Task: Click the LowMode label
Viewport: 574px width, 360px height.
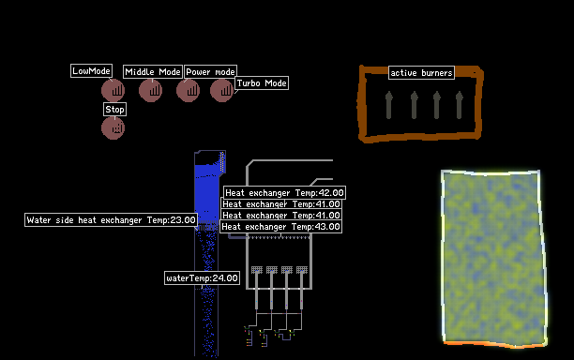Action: click(x=91, y=71)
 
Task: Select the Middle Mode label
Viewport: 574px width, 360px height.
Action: click(x=153, y=71)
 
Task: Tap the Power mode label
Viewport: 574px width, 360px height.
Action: click(x=210, y=71)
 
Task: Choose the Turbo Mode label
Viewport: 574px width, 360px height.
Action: click(x=262, y=83)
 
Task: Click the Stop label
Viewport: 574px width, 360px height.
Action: click(x=114, y=110)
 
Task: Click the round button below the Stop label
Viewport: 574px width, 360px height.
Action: click(x=113, y=128)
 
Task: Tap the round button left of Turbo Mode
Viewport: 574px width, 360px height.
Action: click(x=222, y=90)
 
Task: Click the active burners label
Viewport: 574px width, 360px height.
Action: click(x=421, y=73)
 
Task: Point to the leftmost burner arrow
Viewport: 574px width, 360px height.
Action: click(x=389, y=105)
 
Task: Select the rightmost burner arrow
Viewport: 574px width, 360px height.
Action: click(x=460, y=105)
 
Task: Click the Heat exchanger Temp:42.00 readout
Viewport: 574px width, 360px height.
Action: click(x=284, y=193)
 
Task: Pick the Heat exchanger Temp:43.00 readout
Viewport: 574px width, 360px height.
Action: click(x=280, y=227)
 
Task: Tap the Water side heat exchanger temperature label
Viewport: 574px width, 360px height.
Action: click(x=111, y=220)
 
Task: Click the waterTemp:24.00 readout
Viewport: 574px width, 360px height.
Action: click(x=202, y=278)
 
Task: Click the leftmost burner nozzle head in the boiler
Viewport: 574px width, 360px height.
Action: click(x=257, y=270)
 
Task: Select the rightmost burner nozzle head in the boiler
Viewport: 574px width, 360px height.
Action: click(x=302, y=270)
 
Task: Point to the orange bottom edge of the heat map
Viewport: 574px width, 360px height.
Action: click(x=495, y=344)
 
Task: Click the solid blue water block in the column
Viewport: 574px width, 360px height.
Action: click(x=206, y=194)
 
